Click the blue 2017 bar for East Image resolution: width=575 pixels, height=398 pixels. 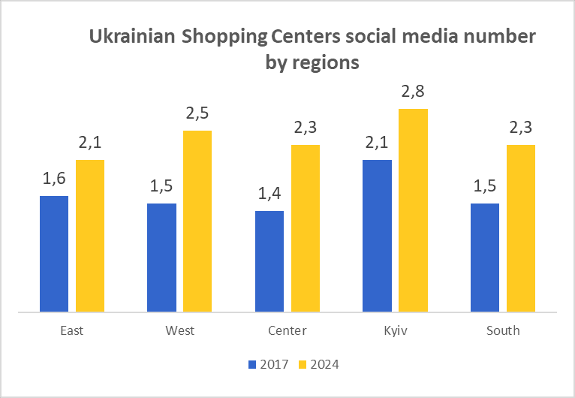(x=54, y=253)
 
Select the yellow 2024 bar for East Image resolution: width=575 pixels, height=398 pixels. (x=90, y=235)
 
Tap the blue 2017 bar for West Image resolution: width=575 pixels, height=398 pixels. (x=161, y=257)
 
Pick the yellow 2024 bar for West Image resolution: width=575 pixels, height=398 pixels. (x=197, y=221)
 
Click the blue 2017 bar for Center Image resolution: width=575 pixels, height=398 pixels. (x=269, y=261)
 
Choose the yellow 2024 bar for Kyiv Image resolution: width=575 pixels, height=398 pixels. (x=413, y=210)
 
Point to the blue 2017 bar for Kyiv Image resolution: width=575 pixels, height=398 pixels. (x=377, y=235)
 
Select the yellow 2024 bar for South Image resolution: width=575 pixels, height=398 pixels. (x=521, y=228)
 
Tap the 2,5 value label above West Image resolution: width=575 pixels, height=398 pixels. (x=197, y=115)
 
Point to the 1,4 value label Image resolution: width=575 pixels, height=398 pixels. (x=270, y=194)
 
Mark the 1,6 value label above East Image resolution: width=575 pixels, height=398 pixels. (x=54, y=179)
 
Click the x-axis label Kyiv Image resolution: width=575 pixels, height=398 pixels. (x=395, y=330)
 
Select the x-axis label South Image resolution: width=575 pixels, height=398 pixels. (x=503, y=330)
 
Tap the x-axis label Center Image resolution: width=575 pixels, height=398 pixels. (x=287, y=330)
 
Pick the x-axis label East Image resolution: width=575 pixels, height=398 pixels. (x=72, y=330)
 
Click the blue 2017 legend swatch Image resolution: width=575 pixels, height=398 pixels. (x=252, y=365)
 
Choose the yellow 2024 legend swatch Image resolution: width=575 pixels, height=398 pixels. (x=303, y=365)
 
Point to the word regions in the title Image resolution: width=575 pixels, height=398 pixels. (x=324, y=62)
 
